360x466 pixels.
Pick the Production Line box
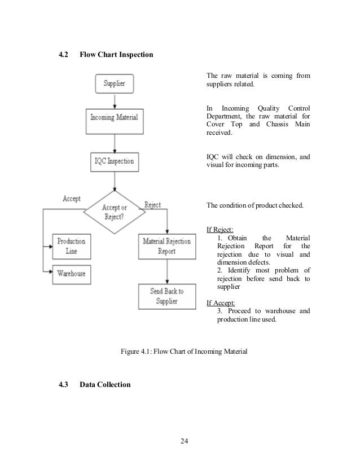point(71,246)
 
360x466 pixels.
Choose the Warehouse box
point(71,274)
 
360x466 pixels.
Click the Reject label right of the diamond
point(153,205)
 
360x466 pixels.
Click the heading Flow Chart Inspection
point(116,55)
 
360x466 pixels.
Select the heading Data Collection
point(105,385)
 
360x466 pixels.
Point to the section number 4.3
point(65,385)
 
